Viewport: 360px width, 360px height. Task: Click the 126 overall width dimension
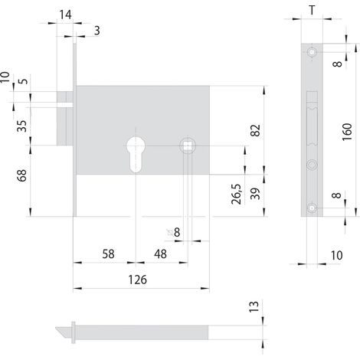[x=138, y=280]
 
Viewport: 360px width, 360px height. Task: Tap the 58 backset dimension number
[x=108, y=254]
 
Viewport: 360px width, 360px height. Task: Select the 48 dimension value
[x=160, y=254]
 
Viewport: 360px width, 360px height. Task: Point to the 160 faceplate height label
[x=347, y=132]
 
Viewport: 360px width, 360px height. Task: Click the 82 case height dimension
[x=255, y=130]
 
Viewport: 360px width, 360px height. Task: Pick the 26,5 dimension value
[x=237, y=194]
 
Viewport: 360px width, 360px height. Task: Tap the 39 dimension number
[x=255, y=194]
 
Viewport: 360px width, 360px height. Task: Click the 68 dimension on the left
[x=22, y=175]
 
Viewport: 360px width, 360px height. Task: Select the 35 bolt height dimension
[x=22, y=126]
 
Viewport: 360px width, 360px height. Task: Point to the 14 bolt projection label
[x=65, y=15]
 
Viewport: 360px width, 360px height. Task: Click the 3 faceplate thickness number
[x=97, y=31]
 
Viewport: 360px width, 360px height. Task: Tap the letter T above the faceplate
[x=312, y=11]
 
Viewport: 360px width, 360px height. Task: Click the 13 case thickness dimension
[x=254, y=306]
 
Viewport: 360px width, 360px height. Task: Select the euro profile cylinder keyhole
[x=136, y=155]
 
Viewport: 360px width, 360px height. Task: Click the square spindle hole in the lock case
[x=188, y=146]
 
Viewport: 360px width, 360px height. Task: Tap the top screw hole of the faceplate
[x=312, y=52]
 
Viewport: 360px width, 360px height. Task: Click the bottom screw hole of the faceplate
[x=312, y=208]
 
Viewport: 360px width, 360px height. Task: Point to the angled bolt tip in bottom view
[x=64, y=332]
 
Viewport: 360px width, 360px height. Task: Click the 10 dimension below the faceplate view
[x=336, y=255]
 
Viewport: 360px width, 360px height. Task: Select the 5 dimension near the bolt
[x=24, y=81]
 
